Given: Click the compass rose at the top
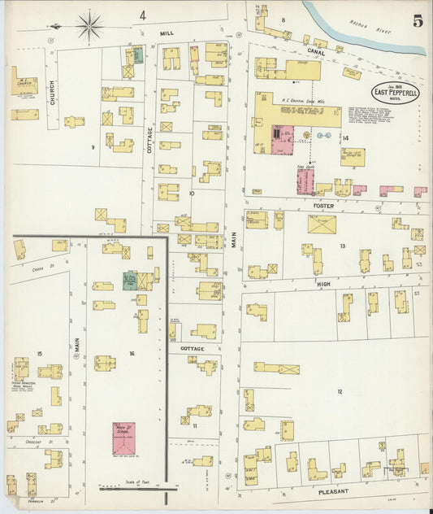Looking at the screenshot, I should point(89,25).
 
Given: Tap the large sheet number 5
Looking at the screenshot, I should point(417,21).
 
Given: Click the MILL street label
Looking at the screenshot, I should point(167,33).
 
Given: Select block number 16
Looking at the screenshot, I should point(131,354).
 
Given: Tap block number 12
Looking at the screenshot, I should point(340,392).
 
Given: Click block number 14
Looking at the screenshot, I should point(345,138).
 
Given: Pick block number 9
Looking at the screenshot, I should point(94,146).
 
